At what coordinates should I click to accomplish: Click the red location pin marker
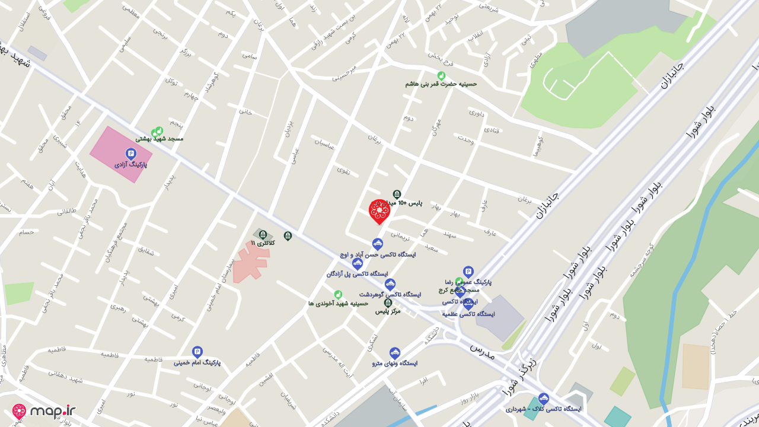(379, 211)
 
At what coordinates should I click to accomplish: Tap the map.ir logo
(44, 412)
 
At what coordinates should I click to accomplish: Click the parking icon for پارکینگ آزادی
(131, 154)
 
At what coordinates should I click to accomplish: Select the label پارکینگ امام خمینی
(197, 362)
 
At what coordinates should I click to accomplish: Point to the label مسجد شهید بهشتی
(160, 139)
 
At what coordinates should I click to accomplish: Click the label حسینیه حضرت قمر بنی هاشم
(441, 84)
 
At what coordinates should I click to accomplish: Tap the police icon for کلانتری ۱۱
(263, 235)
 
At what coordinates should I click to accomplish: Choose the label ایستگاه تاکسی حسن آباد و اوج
(378, 254)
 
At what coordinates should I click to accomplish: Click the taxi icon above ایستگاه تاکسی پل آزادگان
(357, 264)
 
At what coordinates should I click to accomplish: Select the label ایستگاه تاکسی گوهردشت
(390, 294)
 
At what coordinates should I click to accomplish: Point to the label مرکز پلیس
(388, 311)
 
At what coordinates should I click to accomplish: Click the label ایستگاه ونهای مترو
(395, 363)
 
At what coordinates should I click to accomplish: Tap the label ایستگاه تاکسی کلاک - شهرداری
(543, 409)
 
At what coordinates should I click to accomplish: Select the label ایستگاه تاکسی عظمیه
(468, 314)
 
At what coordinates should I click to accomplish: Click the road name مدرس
(482, 350)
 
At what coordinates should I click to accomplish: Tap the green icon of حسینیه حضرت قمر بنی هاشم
(441, 75)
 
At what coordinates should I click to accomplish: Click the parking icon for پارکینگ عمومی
(468, 271)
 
